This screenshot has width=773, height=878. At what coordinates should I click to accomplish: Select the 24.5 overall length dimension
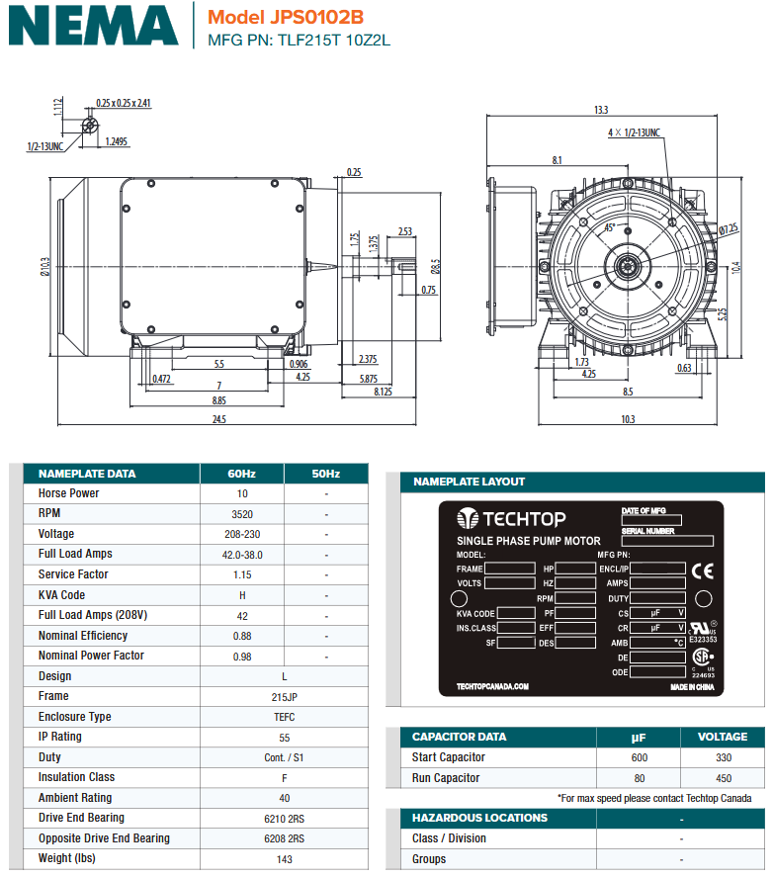coord(219,419)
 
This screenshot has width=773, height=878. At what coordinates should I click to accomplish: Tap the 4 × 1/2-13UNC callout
coord(634,132)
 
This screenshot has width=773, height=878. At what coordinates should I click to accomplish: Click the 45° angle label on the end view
coord(610,227)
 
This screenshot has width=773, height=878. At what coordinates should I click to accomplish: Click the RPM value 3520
coord(242,514)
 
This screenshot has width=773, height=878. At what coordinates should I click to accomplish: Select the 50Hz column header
coord(325,474)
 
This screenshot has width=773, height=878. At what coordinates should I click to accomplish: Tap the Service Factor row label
coord(73,574)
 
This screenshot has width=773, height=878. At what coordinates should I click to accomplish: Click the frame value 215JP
coord(284,696)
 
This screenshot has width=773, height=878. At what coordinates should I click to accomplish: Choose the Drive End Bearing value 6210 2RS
coord(284,818)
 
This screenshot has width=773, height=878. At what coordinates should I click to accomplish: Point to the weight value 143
coord(284,858)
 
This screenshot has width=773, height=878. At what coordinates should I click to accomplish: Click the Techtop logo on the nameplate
coord(510,519)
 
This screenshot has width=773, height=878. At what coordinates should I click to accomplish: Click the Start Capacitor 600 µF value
coord(639,757)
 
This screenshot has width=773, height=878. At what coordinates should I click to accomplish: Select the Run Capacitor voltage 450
coord(723,778)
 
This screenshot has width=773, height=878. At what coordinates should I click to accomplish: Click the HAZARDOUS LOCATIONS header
coord(479,818)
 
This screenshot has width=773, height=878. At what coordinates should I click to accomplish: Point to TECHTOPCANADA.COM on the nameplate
coord(493,686)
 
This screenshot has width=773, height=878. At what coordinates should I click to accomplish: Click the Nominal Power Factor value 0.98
coord(242,656)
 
